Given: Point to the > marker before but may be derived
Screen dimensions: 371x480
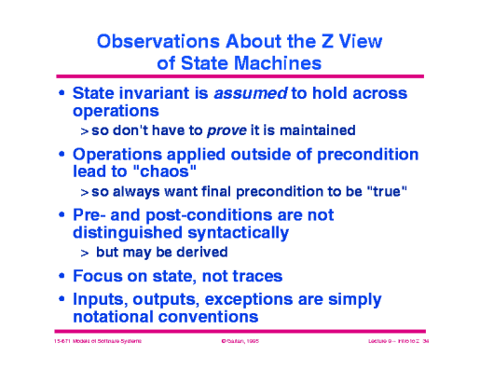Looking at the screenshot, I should point(84,254).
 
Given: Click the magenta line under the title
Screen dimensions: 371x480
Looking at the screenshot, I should point(240,77).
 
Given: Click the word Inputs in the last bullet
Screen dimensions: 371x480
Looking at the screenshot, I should point(100,299).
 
